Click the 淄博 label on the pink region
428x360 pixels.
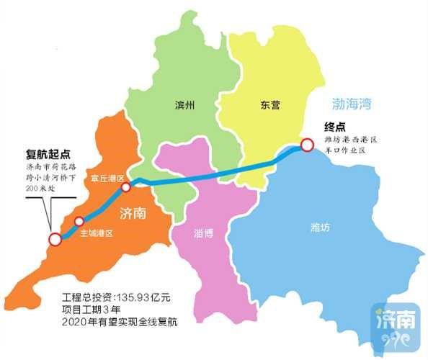[x=203, y=234]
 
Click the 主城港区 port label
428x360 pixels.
[x=97, y=233]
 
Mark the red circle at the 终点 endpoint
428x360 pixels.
[x=307, y=145]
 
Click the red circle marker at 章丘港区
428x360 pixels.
[x=125, y=187]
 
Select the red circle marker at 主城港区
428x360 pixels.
[x=79, y=221]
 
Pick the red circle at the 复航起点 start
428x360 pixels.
[x=54, y=240]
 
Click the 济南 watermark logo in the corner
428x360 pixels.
[x=395, y=324]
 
